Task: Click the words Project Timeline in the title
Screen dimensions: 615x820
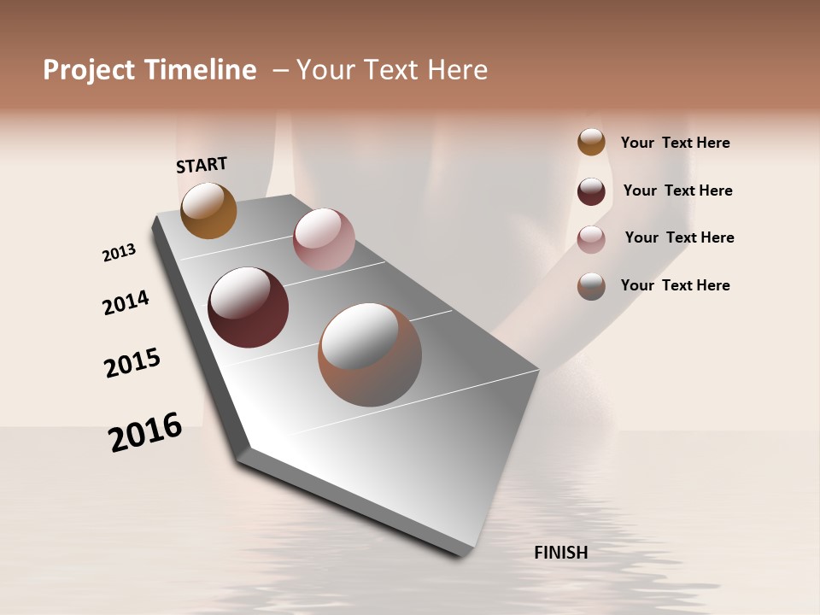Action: tap(149, 70)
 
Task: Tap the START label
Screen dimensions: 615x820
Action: tap(202, 165)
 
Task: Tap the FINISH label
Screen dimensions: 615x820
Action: tap(561, 553)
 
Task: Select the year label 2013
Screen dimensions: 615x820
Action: tap(119, 253)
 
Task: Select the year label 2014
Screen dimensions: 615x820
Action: tap(126, 302)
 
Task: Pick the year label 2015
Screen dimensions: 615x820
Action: tap(132, 363)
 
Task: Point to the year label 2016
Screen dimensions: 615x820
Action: tap(145, 432)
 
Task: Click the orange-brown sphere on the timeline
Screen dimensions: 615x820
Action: tap(208, 210)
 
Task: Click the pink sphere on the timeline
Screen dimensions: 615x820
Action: tap(324, 239)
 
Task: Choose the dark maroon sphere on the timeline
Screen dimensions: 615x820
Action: tap(249, 307)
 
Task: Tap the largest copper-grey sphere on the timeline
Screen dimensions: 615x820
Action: tap(370, 354)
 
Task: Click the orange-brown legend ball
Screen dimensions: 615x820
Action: tap(591, 142)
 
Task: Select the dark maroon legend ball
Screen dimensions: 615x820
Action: tap(591, 191)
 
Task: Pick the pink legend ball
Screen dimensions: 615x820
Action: tap(591, 239)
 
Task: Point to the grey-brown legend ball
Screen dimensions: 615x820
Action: tap(591, 286)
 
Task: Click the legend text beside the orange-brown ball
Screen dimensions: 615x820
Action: tap(675, 143)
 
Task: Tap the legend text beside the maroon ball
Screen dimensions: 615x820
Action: tap(677, 190)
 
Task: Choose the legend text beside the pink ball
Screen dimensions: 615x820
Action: tap(679, 237)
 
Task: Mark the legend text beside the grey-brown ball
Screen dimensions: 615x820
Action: tap(675, 285)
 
